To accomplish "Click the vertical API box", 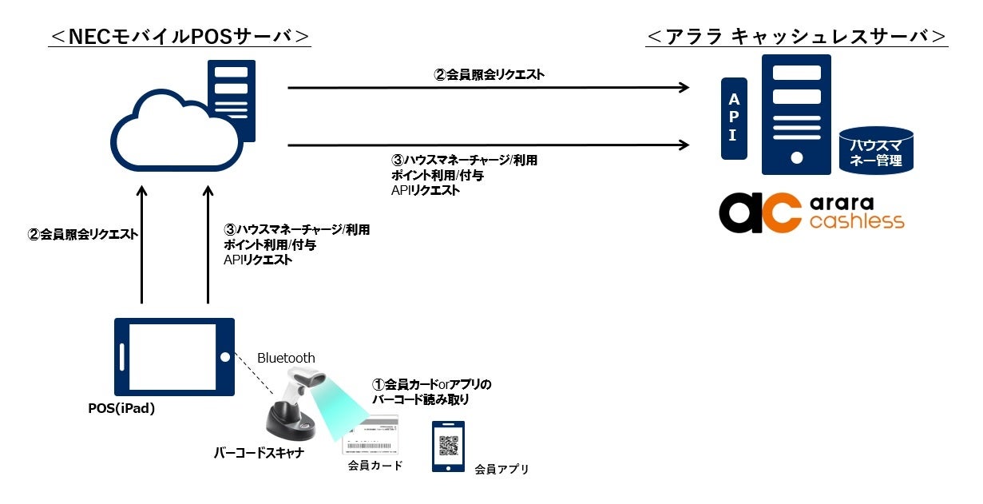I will click(x=733, y=118).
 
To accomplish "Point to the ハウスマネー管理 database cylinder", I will click(x=875, y=152).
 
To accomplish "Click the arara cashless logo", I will click(x=811, y=212).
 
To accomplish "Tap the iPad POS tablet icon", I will click(x=174, y=357).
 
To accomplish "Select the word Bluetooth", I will click(x=286, y=358).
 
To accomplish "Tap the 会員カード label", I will click(x=375, y=465).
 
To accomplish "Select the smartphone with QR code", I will click(x=448, y=446).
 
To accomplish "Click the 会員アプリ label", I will click(x=501, y=469).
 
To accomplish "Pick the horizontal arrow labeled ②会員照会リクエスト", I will click(x=489, y=87).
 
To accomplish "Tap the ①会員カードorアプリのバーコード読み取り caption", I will click(x=431, y=391).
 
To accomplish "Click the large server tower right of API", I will click(x=796, y=114).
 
